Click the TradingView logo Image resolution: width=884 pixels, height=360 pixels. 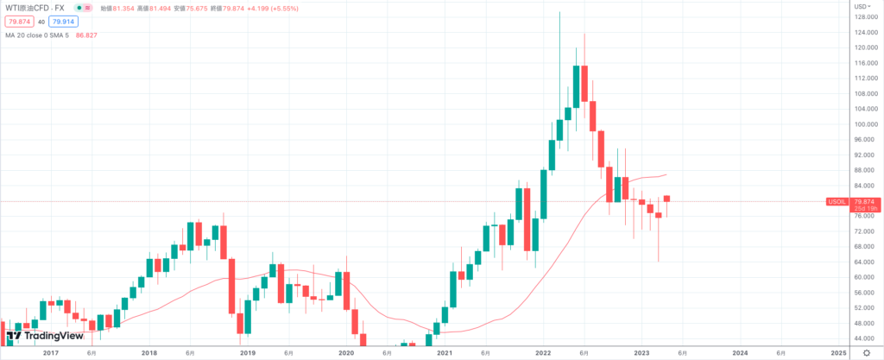click(39, 336)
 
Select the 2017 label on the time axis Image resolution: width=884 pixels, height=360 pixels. click(50, 352)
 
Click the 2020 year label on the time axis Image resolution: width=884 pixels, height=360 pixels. click(346, 352)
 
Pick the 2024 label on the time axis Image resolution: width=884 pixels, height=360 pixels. click(740, 352)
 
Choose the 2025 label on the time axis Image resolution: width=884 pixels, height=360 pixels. click(838, 352)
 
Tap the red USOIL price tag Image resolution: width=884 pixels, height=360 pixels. click(836, 201)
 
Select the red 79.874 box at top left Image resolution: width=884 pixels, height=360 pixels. click(18, 21)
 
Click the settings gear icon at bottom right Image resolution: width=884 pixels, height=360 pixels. click(866, 352)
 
